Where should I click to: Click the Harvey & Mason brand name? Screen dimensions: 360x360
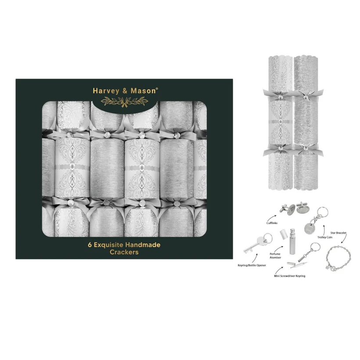[x=125, y=91]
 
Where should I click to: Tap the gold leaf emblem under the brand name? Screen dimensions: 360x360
[x=124, y=102]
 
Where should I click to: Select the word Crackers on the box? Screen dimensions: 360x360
[x=124, y=252]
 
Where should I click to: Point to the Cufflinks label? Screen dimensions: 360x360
[x=272, y=223]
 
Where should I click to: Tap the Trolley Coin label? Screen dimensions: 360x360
[x=325, y=237]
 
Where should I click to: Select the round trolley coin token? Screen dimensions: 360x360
[x=310, y=227]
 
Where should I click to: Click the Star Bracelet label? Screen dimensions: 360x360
[x=338, y=233]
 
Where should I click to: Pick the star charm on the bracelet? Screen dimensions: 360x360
[x=328, y=267]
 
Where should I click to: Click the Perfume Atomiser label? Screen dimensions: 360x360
[x=275, y=256]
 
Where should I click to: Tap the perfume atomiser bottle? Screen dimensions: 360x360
[x=292, y=241]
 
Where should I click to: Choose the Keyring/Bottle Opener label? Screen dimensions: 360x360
[x=252, y=266]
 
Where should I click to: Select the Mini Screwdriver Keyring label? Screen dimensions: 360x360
[x=289, y=276]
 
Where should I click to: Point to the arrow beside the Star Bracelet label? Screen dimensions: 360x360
[x=344, y=239]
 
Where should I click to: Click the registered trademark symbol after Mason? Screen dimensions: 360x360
[x=157, y=88]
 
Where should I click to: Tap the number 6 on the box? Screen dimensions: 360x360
[x=90, y=245]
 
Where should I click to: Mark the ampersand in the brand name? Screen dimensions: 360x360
[x=125, y=91]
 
